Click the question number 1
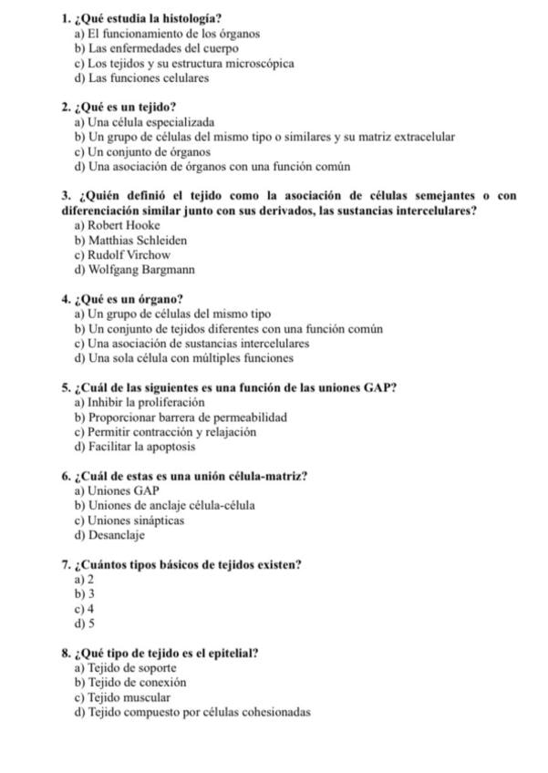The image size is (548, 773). click(67, 18)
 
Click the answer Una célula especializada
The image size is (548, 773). click(145, 121)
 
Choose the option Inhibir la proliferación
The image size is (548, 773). click(140, 402)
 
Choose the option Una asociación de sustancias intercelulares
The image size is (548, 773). click(192, 344)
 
